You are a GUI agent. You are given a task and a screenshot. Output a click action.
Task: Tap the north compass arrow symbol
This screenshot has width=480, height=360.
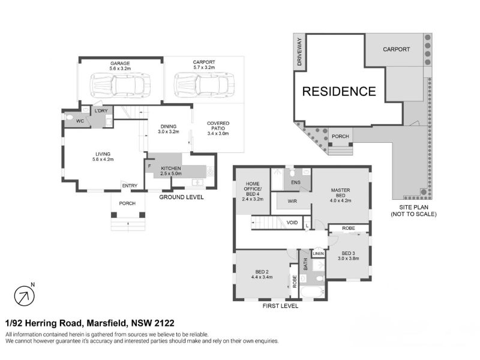click(25, 296)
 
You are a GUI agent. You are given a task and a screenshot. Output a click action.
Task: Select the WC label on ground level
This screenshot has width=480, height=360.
click(80, 121)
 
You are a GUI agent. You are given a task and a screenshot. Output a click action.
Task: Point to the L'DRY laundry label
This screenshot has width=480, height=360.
click(101, 110)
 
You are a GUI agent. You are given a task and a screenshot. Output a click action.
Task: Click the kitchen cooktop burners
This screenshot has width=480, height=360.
click(210, 171)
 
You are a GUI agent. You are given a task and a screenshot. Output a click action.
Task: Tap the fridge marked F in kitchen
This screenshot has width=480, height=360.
click(149, 166)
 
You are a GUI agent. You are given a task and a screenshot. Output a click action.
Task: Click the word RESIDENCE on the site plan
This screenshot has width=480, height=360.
click(339, 92)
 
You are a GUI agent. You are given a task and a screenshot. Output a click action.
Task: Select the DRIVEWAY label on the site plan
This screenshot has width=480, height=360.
click(299, 52)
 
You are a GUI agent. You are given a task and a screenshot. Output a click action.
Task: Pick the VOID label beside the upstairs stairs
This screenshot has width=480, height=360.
click(292, 223)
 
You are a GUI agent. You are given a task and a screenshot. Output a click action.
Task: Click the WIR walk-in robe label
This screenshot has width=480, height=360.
click(292, 201)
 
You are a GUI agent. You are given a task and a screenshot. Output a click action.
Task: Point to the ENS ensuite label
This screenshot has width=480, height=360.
click(296, 182)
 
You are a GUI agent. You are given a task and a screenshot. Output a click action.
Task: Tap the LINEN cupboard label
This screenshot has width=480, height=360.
click(319, 253)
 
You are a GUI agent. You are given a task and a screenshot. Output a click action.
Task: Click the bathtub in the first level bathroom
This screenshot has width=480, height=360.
click(311, 292)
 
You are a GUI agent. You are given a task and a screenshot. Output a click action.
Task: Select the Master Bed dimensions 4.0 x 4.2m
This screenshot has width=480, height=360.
click(340, 200)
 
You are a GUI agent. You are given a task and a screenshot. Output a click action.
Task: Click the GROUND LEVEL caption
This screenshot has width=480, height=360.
click(181, 197)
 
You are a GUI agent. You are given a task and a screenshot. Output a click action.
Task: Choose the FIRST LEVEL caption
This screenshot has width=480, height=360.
click(280, 305)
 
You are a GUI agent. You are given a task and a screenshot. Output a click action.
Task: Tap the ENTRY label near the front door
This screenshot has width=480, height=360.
click(130, 185)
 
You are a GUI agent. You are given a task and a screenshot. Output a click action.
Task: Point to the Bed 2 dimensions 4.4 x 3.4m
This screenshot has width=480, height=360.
click(262, 277)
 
